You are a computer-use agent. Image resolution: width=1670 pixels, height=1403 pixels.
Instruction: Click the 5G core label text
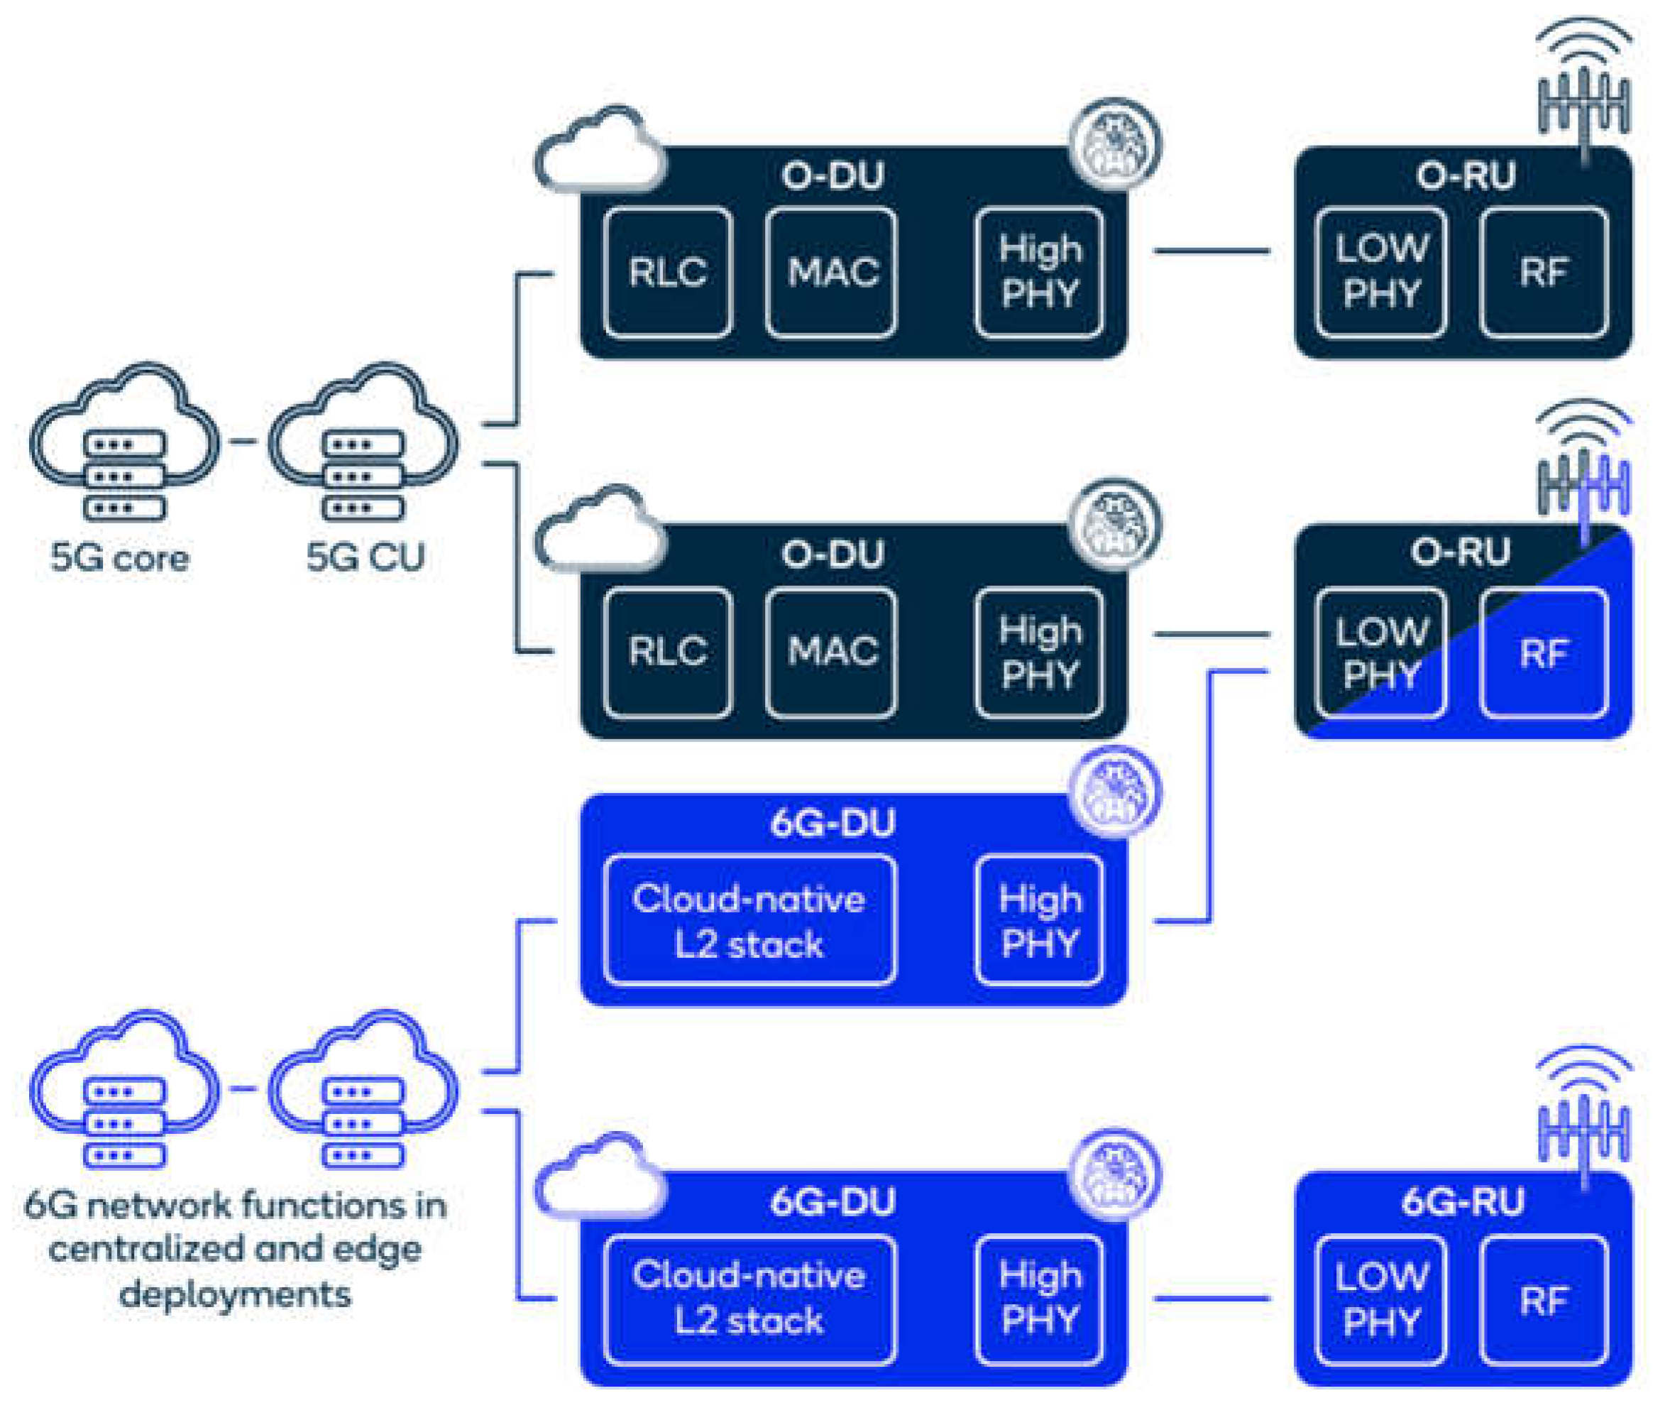pyautogui.click(x=120, y=557)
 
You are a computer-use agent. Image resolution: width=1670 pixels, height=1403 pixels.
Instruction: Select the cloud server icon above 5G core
pyautogui.click(x=125, y=442)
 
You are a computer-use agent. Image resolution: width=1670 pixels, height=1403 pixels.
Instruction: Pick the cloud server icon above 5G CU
pyautogui.click(x=363, y=442)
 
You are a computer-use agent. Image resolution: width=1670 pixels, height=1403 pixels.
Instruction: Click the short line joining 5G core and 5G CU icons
pyautogui.click(x=244, y=442)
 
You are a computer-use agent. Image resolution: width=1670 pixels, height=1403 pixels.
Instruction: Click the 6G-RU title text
pyautogui.click(x=1463, y=1202)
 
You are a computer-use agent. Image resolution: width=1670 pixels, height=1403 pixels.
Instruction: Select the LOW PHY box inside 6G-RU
pyautogui.click(x=1380, y=1299)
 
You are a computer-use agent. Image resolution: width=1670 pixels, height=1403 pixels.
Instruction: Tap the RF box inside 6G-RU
pyautogui.click(x=1544, y=1299)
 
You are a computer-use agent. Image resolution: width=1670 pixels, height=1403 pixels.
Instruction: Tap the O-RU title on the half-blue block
pyautogui.click(x=1460, y=552)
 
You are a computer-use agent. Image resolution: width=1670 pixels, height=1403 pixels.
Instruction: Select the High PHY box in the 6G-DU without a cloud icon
pyautogui.click(x=1039, y=920)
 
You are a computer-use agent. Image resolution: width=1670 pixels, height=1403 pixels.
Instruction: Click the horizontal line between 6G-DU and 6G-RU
pyautogui.click(x=1212, y=1299)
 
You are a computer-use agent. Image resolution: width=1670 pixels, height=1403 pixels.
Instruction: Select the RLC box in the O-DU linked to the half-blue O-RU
pyautogui.click(x=668, y=653)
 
